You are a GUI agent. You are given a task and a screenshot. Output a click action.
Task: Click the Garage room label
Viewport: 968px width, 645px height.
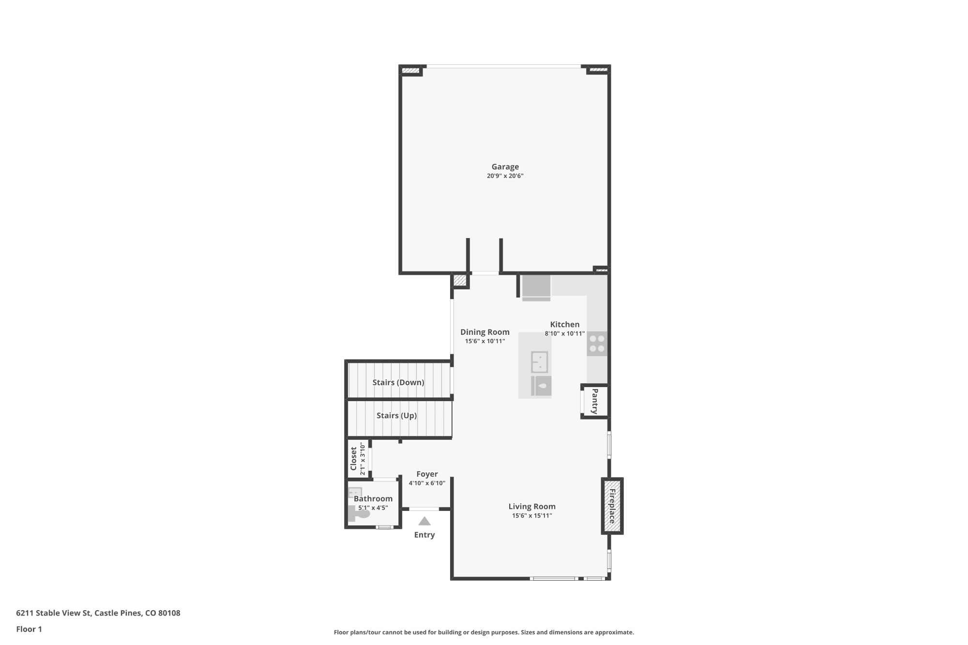(505, 167)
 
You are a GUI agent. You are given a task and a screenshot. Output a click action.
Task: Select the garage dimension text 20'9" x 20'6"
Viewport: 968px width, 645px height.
(505, 176)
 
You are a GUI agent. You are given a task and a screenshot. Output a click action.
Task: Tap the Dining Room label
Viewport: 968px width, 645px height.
(484, 332)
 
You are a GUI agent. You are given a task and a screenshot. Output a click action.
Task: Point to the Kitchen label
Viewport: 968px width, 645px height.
(564, 325)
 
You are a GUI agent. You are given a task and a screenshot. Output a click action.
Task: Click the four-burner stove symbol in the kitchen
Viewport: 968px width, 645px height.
(597, 344)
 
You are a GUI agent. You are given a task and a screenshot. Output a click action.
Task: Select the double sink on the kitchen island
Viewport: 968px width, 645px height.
(540, 362)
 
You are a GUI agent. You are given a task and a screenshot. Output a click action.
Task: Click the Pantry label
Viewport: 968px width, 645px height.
(595, 401)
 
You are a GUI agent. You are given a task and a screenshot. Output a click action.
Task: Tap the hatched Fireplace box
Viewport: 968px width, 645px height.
(612, 506)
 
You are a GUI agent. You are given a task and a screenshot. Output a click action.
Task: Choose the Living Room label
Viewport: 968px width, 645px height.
(531, 507)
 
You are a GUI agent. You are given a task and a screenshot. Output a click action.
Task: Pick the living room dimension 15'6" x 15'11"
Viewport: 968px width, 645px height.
(531, 516)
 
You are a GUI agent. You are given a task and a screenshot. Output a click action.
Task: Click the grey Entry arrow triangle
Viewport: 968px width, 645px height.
(424, 522)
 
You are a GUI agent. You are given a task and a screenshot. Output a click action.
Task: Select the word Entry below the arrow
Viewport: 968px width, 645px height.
(424, 535)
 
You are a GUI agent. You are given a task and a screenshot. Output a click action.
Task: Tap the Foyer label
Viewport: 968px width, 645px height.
(427, 474)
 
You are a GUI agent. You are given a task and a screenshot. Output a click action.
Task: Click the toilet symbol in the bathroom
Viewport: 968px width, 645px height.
(359, 513)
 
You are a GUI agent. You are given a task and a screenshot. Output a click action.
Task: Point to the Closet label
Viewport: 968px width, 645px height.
(353, 458)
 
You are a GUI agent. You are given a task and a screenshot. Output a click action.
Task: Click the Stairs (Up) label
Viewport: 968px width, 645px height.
(396, 416)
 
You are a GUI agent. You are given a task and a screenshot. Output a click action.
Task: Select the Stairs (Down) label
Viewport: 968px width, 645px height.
(398, 382)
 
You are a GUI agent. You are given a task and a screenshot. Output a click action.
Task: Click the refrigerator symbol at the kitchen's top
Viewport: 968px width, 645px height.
(536, 286)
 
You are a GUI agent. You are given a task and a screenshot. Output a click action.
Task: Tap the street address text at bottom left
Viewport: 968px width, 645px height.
(98, 613)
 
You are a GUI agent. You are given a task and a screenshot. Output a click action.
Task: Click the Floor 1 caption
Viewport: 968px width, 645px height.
(29, 629)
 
